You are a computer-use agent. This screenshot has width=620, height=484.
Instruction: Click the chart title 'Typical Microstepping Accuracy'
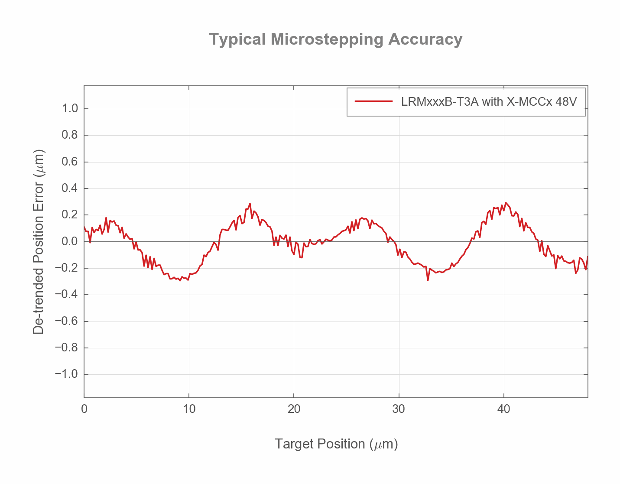[336, 39]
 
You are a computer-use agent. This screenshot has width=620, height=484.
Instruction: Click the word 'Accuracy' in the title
[425, 39]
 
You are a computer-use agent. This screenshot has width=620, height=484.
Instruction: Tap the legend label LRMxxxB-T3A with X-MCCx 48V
[489, 102]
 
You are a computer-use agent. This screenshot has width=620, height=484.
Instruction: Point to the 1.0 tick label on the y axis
[70, 108]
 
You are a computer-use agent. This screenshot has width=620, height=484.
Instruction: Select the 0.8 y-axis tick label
[70, 135]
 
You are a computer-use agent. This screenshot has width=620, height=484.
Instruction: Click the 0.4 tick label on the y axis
[70, 188]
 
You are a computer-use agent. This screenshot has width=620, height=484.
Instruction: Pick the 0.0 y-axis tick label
[70, 241]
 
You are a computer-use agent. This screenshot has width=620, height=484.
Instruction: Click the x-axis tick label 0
[84, 409]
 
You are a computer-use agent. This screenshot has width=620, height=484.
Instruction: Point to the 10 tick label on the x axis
[189, 409]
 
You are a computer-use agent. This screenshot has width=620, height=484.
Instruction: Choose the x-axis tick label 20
[294, 409]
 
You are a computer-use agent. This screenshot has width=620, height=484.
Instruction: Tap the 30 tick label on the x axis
[399, 409]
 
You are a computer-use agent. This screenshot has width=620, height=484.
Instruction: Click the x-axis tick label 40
[503, 409]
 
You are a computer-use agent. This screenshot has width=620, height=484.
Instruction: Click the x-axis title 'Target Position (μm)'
[336, 444]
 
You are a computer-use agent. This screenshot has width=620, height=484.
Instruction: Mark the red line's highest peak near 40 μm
[506, 203]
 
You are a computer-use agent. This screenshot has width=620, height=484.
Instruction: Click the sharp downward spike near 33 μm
[428, 280]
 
